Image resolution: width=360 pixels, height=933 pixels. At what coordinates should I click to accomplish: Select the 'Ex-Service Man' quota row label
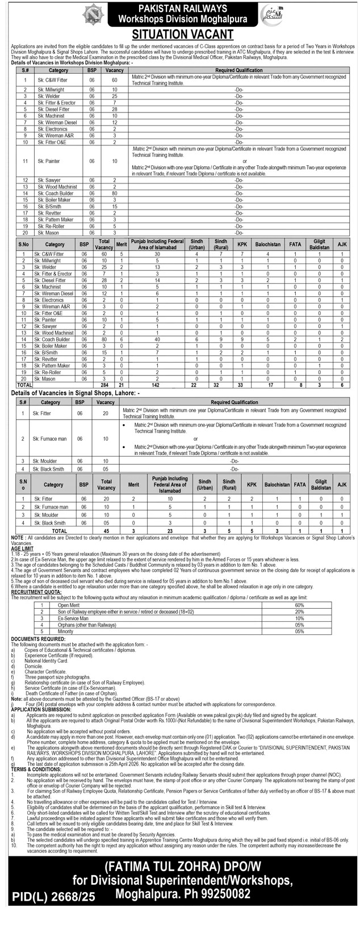[71, 617]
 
